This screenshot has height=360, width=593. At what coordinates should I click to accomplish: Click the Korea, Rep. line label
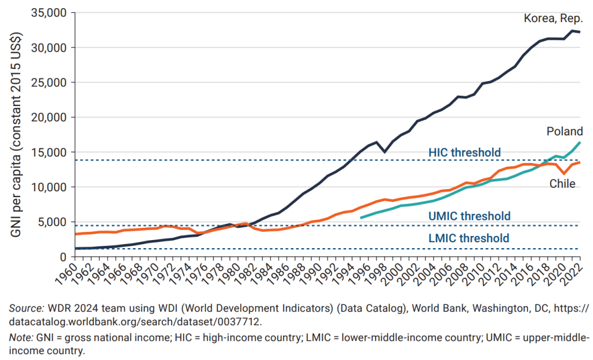(553, 19)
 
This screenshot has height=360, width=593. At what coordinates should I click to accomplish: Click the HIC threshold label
(464, 152)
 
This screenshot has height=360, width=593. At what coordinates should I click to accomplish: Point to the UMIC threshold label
(470, 216)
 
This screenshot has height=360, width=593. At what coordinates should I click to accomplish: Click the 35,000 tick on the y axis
(48, 13)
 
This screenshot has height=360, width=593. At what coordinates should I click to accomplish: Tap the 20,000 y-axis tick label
(48, 117)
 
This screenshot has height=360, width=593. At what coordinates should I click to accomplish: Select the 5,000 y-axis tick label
(51, 222)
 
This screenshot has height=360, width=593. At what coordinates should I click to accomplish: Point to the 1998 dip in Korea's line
(385, 151)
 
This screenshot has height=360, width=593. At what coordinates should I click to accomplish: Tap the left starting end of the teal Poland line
(361, 217)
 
